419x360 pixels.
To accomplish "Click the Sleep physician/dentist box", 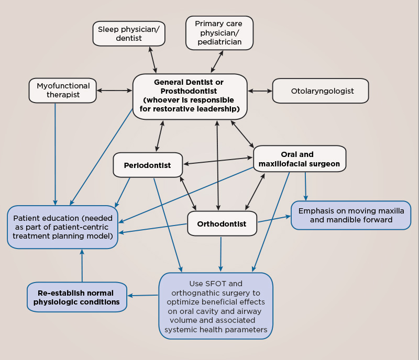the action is point(129,33).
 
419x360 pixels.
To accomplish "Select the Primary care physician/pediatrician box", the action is point(219,33).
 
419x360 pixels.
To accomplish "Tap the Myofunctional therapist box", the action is point(62,91).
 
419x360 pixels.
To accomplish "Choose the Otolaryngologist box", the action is point(321,91).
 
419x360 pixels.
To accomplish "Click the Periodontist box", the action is point(148,165).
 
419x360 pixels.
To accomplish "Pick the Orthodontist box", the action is point(222,223).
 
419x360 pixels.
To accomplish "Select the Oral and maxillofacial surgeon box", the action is point(300,159).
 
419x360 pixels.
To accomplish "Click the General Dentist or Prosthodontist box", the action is point(190,96).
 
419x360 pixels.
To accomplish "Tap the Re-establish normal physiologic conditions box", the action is point(76,297).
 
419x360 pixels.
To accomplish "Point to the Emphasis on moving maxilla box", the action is point(351,215).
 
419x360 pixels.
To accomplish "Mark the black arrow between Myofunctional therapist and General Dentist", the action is point(114,91).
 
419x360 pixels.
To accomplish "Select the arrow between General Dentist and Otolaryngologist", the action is point(260,91).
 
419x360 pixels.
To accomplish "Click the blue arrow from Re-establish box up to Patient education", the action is point(82,265).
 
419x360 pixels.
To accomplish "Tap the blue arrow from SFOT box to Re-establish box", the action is point(143,295).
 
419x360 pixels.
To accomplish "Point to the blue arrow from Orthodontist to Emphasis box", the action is point(274,219).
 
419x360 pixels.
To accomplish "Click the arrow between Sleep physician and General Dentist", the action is point(152,60).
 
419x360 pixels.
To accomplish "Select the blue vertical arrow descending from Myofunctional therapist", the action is point(56,154).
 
